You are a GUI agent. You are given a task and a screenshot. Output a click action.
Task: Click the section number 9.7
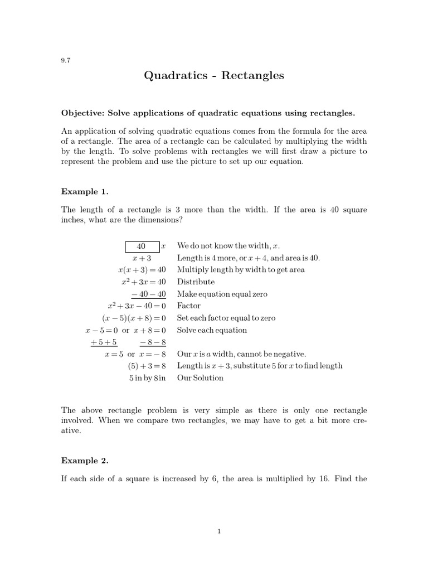click(x=65, y=61)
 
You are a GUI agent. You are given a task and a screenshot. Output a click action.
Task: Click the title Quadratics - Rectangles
click(x=214, y=75)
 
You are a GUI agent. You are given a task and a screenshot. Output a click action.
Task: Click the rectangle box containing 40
click(x=142, y=246)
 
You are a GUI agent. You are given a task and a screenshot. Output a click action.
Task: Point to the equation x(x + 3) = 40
click(x=142, y=270)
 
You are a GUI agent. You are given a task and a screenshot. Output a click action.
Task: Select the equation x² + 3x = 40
click(x=144, y=282)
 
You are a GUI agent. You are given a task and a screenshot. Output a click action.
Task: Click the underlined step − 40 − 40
click(x=149, y=294)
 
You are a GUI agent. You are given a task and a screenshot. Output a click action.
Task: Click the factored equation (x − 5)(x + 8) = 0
click(x=134, y=318)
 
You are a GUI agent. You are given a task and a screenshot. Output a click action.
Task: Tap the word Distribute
click(x=196, y=282)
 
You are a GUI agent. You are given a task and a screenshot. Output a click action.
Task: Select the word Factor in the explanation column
click(x=189, y=306)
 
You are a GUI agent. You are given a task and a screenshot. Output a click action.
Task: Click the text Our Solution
click(x=200, y=378)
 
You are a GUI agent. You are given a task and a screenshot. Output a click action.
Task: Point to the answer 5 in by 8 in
click(x=148, y=378)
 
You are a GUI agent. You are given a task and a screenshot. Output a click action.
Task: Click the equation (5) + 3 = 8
click(x=147, y=366)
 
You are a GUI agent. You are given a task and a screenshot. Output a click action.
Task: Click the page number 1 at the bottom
click(x=220, y=531)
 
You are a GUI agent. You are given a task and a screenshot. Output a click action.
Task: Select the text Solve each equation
click(x=212, y=330)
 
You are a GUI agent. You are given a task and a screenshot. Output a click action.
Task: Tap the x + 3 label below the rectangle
click(x=142, y=258)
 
